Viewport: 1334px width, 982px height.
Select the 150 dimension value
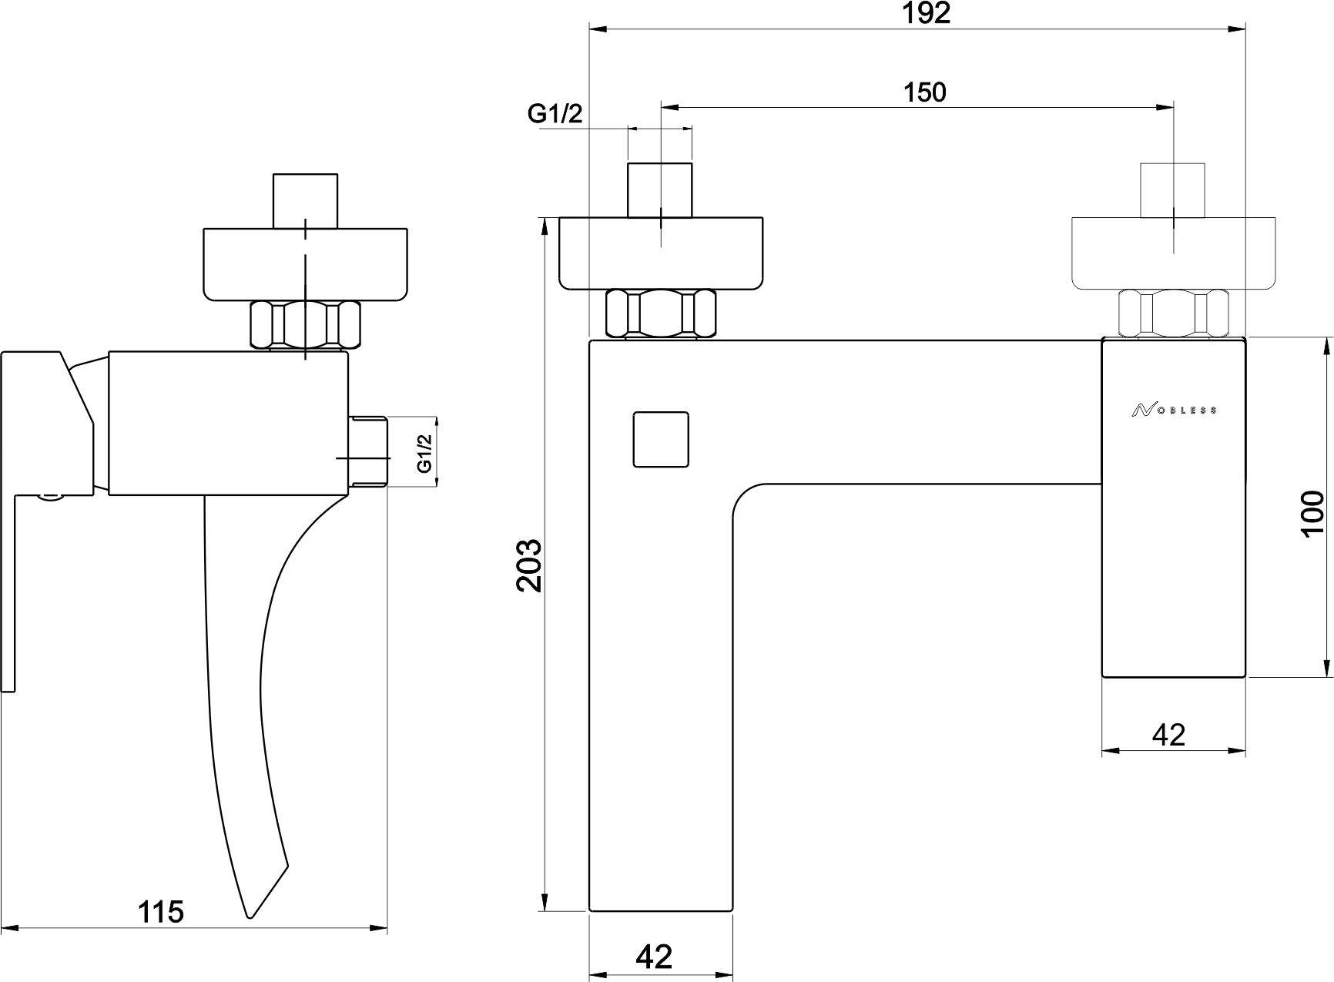click(x=924, y=92)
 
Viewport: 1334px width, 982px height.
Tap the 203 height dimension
click(x=530, y=565)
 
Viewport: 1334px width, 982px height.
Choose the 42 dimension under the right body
click(x=1168, y=735)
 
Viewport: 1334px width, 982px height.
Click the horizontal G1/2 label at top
click(x=555, y=114)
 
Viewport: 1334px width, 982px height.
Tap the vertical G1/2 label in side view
click(x=423, y=453)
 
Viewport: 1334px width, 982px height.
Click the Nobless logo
click(x=1174, y=411)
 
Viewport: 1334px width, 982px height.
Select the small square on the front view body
click(x=660, y=439)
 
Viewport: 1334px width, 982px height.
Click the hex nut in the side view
click(x=306, y=325)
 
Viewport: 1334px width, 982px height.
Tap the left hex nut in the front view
click(x=661, y=314)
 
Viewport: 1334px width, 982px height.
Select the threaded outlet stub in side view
click(x=369, y=451)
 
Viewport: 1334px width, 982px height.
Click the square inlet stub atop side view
click(x=306, y=200)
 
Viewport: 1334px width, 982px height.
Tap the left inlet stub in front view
click(x=660, y=189)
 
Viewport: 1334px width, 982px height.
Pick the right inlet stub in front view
click(x=1173, y=190)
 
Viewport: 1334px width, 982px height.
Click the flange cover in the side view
click(x=305, y=263)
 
